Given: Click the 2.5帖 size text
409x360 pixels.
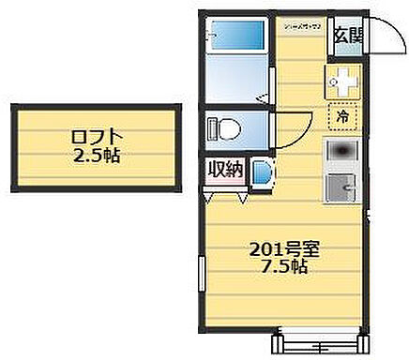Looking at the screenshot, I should pyautogui.click(x=98, y=156).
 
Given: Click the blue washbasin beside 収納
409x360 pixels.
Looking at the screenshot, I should pyautogui.click(x=259, y=172).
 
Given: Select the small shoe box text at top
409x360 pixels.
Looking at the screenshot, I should pyautogui.click(x=303, y=26).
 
